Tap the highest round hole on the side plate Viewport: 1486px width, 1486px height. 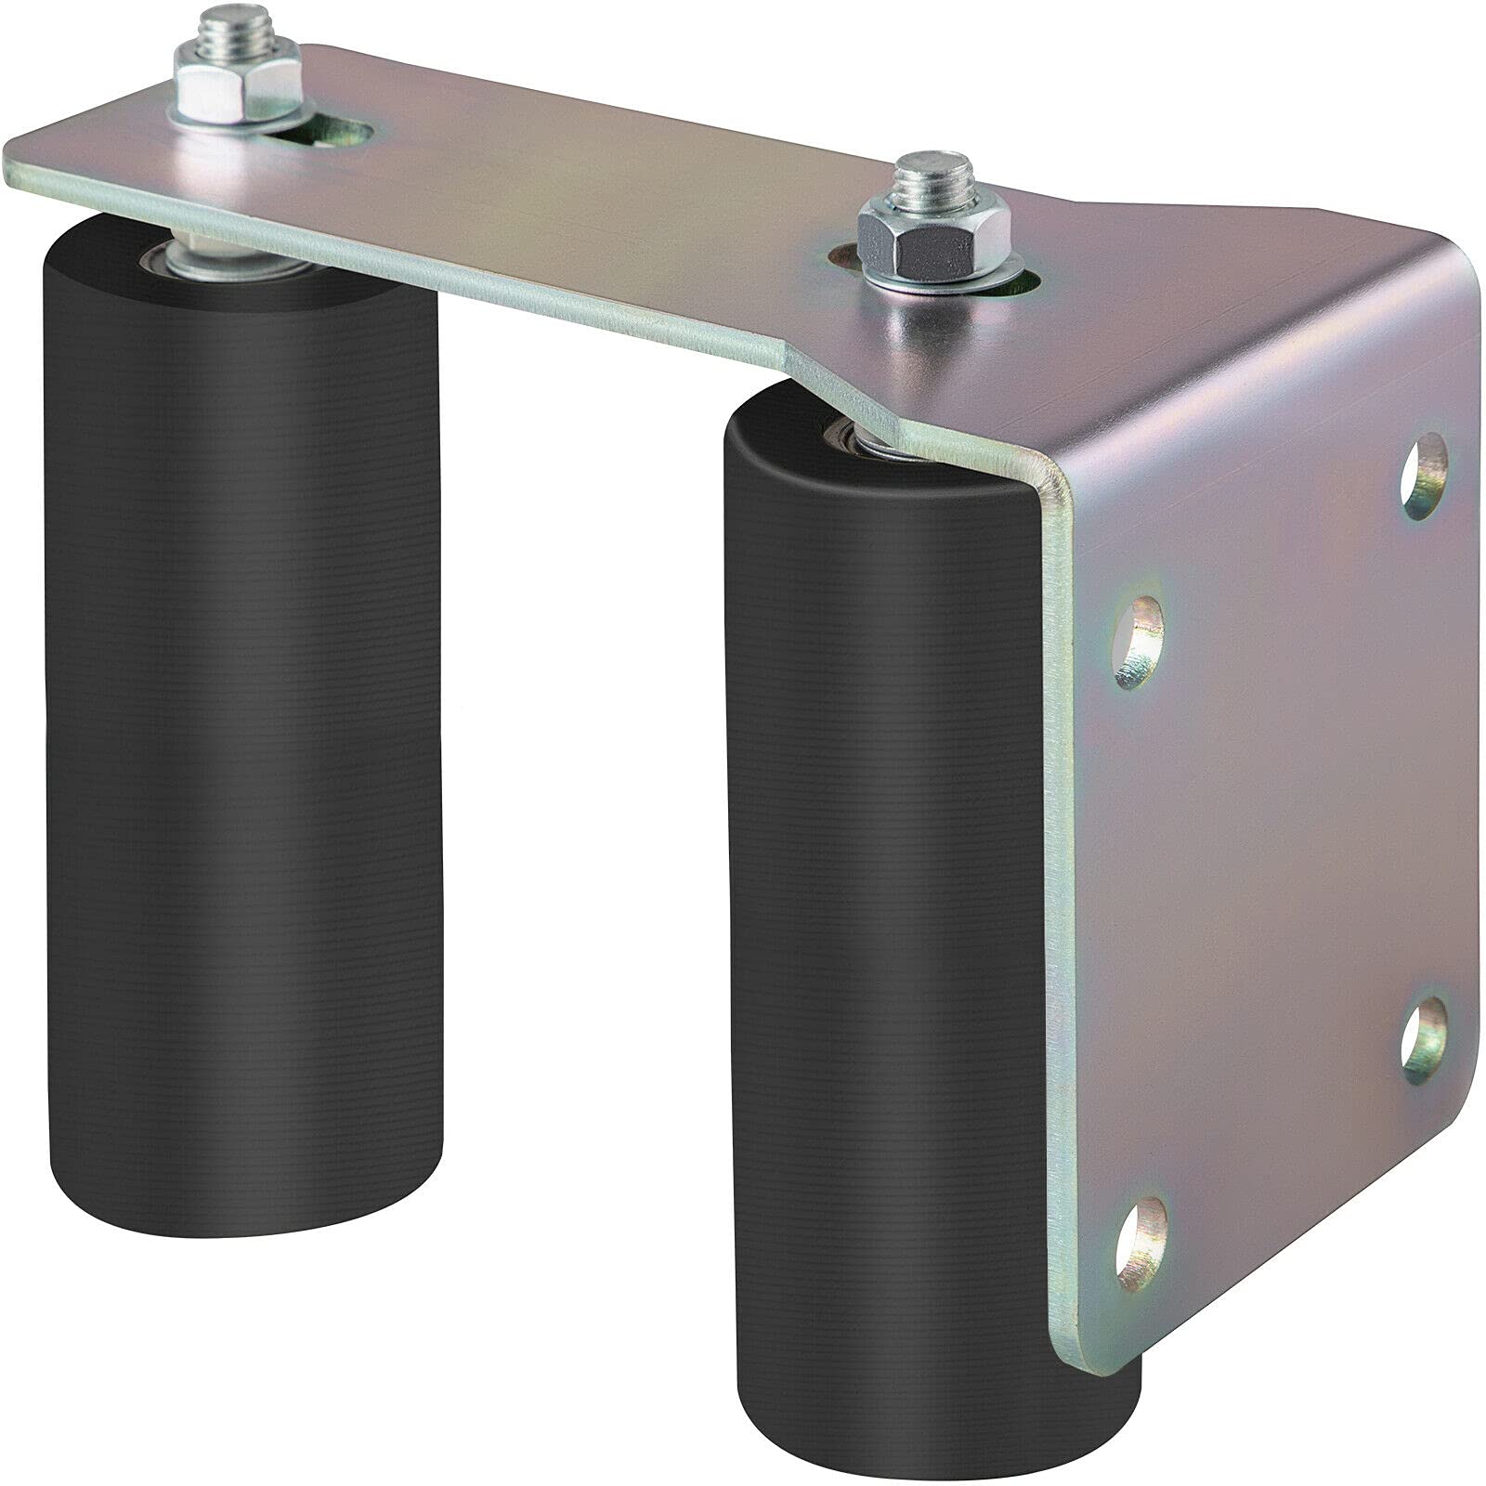1422,479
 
